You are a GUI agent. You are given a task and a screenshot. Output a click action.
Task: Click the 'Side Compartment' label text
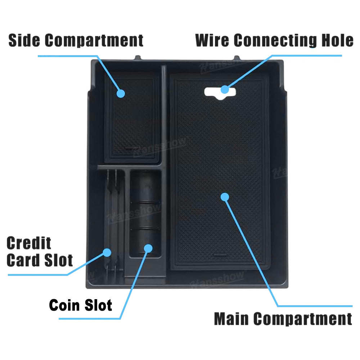[76, 40]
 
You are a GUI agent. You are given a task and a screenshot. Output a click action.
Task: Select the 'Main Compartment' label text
[283, 319]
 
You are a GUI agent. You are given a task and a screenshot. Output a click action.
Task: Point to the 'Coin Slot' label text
[81, 305]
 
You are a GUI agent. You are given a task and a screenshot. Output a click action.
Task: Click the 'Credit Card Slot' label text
[40, 252]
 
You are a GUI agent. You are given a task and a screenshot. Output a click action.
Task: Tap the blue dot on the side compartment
[121, 93]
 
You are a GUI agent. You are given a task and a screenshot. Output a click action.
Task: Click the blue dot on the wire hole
[225, 89]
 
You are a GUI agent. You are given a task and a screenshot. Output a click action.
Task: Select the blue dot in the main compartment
[225, 197]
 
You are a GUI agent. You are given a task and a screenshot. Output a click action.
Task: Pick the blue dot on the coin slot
[148, 248]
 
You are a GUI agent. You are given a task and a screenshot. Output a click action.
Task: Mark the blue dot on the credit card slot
[107, 252]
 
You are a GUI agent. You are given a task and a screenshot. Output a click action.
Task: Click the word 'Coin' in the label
[64, 305]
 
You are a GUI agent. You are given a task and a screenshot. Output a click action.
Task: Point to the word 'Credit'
[29, 243]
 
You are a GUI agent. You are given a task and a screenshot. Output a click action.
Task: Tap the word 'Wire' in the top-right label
[213, 40]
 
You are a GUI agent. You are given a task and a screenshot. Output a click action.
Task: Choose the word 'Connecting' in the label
[271, 40]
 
